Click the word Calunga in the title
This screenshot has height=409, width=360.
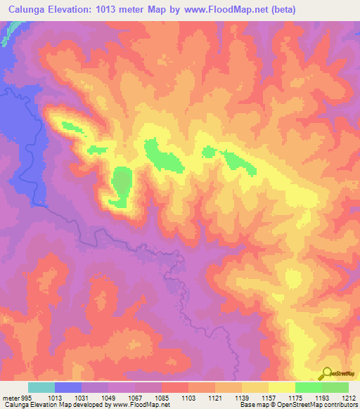(x=29, y=10)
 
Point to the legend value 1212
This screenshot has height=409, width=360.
(x=349, y=398)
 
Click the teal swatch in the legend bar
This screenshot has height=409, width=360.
(x=41, y=387)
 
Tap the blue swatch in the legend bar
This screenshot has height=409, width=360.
(x=68, y=387)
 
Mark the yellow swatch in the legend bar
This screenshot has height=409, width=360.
(x=281, y=387)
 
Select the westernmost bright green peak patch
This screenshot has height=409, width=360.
(x=70, y=128)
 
